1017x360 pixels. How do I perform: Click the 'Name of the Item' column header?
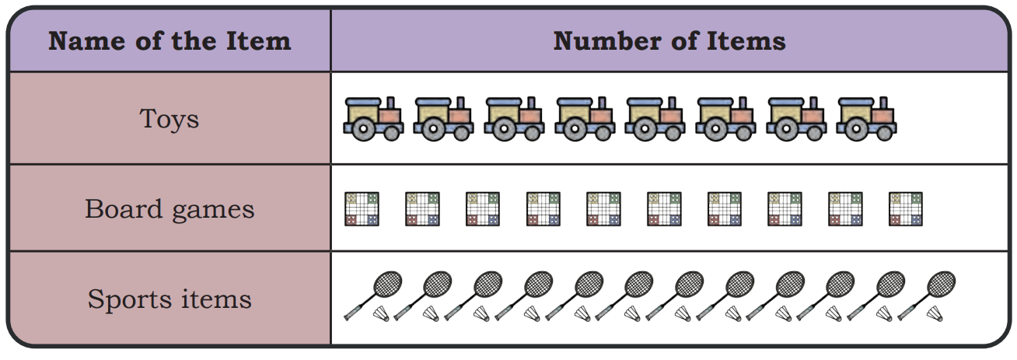click(169, 41)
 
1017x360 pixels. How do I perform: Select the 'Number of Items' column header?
click(669, 41)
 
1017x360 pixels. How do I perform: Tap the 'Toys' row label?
click(169, 119)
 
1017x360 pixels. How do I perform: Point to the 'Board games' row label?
click(169, 209)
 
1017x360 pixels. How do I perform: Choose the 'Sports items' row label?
click(169, 299)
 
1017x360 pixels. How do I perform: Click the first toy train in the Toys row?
click(373, 119)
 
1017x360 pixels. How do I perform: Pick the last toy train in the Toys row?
click(866, 119)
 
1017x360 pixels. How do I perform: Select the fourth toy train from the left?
click(585, 119)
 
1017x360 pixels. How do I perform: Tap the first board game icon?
click(362, 209)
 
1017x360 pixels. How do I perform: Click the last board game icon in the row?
click(906, 209)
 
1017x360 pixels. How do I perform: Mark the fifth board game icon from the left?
click(603, 209)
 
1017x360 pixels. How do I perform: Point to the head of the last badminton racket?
click(941, 285)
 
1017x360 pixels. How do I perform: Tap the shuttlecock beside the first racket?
click(381, 313)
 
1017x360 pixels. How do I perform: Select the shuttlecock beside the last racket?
click(935, 313)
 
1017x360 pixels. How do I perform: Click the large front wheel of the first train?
click(363, 129)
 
